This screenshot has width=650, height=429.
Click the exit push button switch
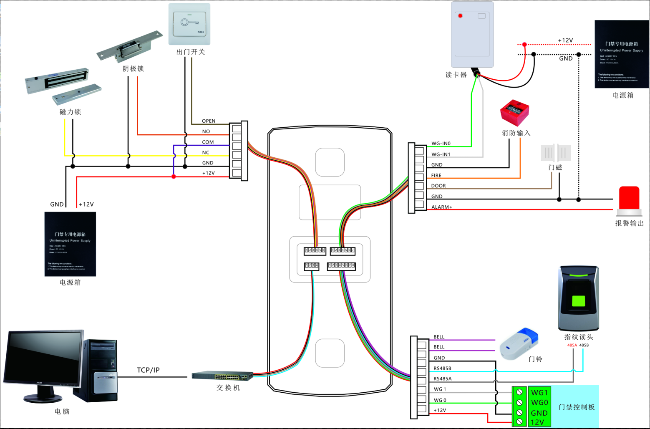pyautogui.click(x=189, y=24)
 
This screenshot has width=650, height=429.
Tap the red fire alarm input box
pyautogui.click(x=514, y=112)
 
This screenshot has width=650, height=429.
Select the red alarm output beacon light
pyautogui.click(x=629, y=198)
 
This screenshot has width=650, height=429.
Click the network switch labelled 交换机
pyautogui.click(x=222, y=376)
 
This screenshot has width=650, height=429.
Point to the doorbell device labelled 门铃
pyautogui.click(x=519, y=344)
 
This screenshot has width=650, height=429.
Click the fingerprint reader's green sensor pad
pyautogui.click(x=578, y=301)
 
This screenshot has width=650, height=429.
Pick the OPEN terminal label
pyautogui.click(x=209, y=121)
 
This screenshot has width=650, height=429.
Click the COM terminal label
pyautogui.click(x=208, y=142)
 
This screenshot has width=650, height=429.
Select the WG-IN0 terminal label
pyautogui.click(x=441, y=144)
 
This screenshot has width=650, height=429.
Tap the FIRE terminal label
pyautogui.click(x=436, y=176)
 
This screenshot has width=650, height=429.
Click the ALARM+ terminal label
pyautogui.click(x=441, y=207)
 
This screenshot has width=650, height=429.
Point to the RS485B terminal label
pyautogui.click(x=442, y=368)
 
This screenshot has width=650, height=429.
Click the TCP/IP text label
pyautogui.click(x=148, y=370)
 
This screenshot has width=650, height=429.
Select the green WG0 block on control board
pyautogui.click(x=539, y=403)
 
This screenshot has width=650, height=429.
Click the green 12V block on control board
pyautogui.click(x=537, y=422)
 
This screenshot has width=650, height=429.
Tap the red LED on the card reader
pyautogui.click(x=460, y=16)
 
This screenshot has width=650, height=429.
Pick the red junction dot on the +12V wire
pyautogui.click(x=174, y=177)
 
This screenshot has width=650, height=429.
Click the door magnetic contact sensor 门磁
pyautogui.click(x=555, y=153)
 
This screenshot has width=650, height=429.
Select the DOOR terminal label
pyautogui.click(x=438, y=186)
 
